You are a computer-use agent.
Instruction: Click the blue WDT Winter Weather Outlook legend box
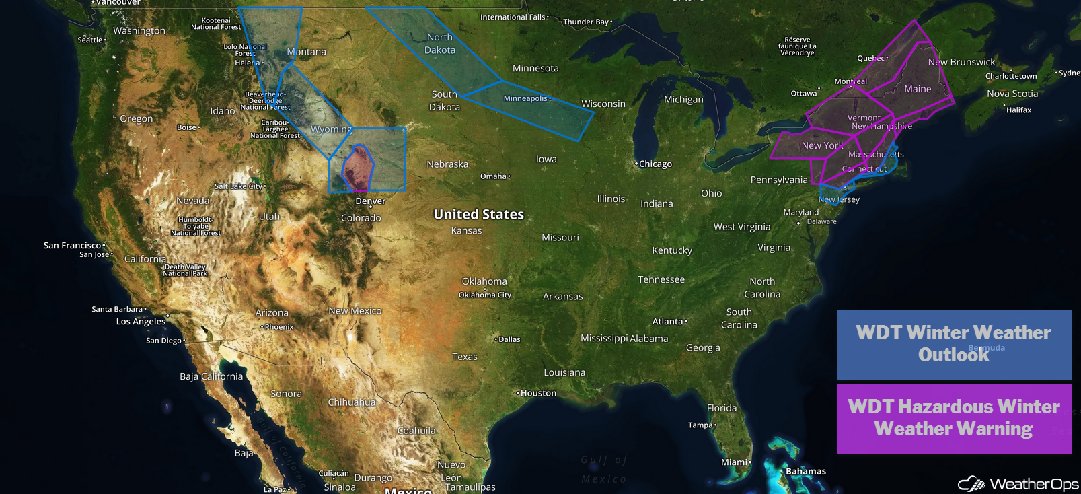tap(954, 344)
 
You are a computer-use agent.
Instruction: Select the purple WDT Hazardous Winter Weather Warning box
tap(954, 418)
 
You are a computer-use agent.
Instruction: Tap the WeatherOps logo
tap(1018, 483)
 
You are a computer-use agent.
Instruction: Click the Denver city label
tap(371, 201)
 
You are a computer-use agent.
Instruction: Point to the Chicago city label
tap(655, 164)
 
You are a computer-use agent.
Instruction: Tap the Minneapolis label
tap(525, 98)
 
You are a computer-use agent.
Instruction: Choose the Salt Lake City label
tap(238, 186)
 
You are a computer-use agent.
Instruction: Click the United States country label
tap(478, 214)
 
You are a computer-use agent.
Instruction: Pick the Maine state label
tap(918, 89)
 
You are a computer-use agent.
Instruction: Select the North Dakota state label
tap(440, 44)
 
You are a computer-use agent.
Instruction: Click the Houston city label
tap(538, 393)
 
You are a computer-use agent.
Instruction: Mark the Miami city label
tap(734, 462)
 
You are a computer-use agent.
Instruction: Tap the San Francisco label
tap(72, 246)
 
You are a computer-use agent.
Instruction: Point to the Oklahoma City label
tap(484, 295)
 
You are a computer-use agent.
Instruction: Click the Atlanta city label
tap(667, 322)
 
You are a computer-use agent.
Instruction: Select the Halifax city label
tap(1018, 110)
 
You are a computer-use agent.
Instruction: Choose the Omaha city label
tap(493, 176)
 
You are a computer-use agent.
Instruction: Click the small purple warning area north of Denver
tap(357, 168)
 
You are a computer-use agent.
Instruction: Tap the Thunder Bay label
tap(585, 22)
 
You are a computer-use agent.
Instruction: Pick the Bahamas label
tap(805, 471)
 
